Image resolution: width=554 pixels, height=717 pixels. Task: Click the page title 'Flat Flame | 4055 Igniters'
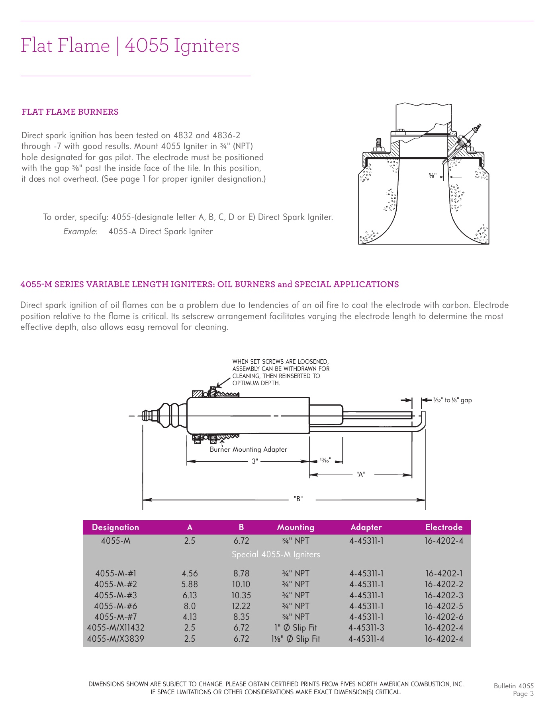pos(130,45)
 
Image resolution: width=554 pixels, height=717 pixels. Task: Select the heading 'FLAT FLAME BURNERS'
pos(70,112)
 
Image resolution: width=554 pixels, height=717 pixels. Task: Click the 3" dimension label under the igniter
pos(255,461)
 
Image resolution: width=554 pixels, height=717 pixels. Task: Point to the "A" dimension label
pos(361,474)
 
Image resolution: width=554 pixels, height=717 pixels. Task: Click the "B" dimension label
pos(298,499)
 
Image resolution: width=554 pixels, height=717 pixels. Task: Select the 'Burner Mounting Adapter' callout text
pos(248,449)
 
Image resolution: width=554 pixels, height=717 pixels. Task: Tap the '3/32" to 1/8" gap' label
pos(452,400)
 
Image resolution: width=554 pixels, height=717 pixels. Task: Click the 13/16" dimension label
pos(325,460)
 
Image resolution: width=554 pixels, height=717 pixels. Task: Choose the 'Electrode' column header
pos(444,527)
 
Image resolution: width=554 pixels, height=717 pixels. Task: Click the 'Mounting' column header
pos(296,527)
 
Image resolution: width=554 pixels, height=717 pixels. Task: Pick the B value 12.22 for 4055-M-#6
pos(241,606)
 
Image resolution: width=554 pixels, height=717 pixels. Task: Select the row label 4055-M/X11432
pos(115,628)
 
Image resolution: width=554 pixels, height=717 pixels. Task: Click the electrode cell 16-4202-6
pos(444,617)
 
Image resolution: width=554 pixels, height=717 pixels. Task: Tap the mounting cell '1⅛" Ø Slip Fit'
pos(296,639)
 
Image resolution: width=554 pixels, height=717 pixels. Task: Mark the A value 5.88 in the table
pos(190,584)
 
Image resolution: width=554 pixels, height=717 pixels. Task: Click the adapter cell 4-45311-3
pos(366,628)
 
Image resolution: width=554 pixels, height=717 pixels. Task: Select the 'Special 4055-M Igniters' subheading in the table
pos(276,554)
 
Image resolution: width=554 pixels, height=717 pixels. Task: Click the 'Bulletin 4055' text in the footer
pos(513,686)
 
